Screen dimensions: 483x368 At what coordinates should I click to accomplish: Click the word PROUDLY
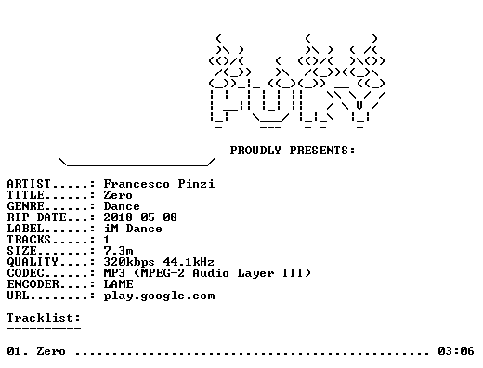(x=255, y=151)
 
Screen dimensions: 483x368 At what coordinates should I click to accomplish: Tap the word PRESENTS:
(x=322, y=151)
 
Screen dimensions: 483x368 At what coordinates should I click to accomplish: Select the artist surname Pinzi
(x=196, y=184)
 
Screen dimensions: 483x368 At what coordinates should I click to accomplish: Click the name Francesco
(x=137, y=184)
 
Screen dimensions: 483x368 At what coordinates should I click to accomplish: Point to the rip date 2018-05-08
(x=140, y=217)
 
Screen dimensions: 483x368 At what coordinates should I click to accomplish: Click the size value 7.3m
(x=119, y=251)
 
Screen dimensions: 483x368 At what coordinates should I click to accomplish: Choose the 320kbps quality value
(x=129, y=262)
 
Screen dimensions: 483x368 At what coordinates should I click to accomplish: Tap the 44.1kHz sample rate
(x=189, y=262)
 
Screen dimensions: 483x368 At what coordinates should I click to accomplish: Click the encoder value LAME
(x=119, y=284)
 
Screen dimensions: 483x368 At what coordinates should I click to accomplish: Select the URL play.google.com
(x=159, y=296)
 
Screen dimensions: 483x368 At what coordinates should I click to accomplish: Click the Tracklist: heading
(x=44, y=318)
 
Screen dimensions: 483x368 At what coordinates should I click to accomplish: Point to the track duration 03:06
(x=456, y=351)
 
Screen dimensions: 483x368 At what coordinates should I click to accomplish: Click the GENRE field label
(x=26, y=206)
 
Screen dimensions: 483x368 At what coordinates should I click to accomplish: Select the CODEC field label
(x=26, y=273)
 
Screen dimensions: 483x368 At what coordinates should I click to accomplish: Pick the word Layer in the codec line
(x=255, y=273)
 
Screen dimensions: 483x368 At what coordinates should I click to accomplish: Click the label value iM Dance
(x=133, y=229)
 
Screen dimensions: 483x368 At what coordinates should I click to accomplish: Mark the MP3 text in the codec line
(x=114, y=273)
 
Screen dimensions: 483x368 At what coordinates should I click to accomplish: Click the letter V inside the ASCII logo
(x=359, y=106)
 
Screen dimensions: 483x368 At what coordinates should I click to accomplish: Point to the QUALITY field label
(x=33, y=262)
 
